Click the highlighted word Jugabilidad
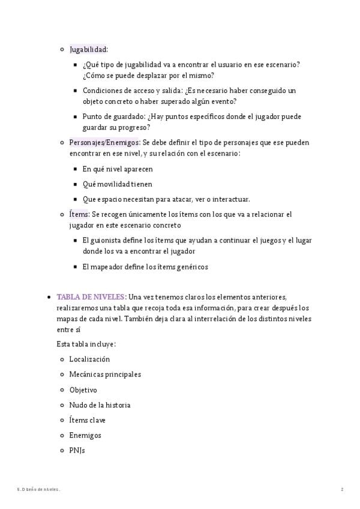[x=88, y=49]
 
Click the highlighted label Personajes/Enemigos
[x=104, y=143]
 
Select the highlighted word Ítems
[x=79, y=214]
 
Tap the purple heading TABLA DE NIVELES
[x=91, y=297]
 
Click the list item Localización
[x=89, y=359]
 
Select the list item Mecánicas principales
[x=105, y=375]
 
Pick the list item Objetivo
[x=83, y=390]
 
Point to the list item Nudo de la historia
[x=100, y=405]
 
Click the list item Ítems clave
[x=87, y=420]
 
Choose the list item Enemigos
[x=85, y=435]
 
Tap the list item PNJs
[x=77, y=450]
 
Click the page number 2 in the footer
[x=342, y=490]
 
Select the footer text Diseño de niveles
[x=40, y=490]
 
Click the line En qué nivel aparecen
[x=118, y=169]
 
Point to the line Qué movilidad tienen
[x=117, y=184]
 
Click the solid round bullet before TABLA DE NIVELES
[x=47, y=297]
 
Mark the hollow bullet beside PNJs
[x=62, y=450]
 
